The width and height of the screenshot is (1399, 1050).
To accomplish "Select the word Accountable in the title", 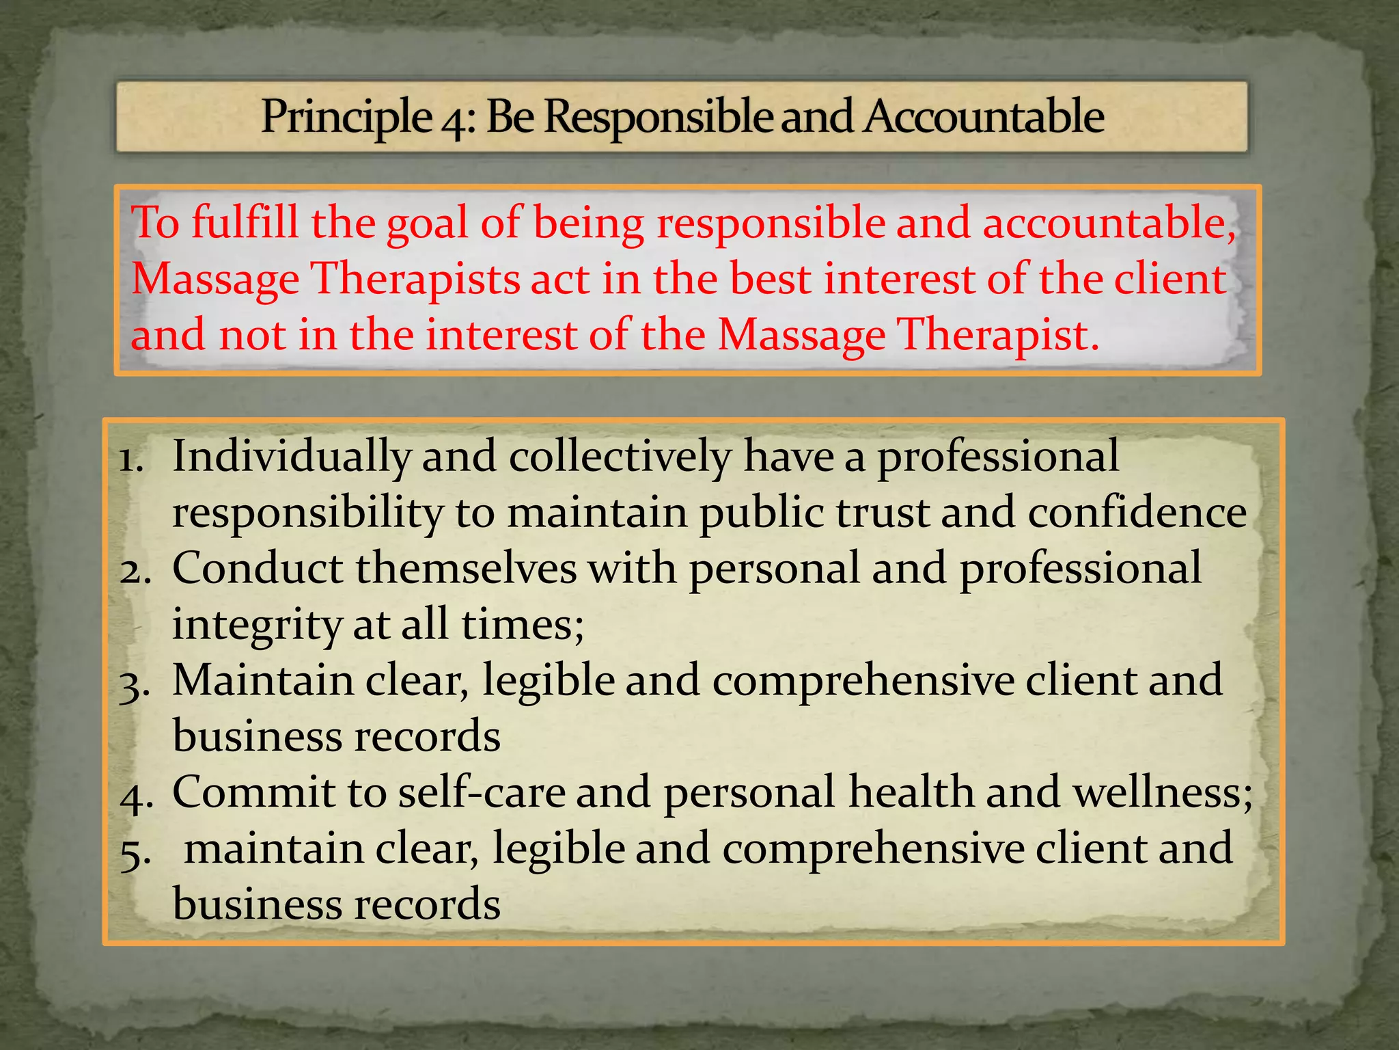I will coord(983,116).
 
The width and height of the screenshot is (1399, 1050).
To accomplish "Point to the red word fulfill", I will coord(245,223).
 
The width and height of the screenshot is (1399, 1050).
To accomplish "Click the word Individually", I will coord(291,457).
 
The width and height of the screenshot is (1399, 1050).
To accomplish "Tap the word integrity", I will coord(257,626).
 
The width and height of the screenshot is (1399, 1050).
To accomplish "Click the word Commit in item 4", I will coord(253,793).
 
